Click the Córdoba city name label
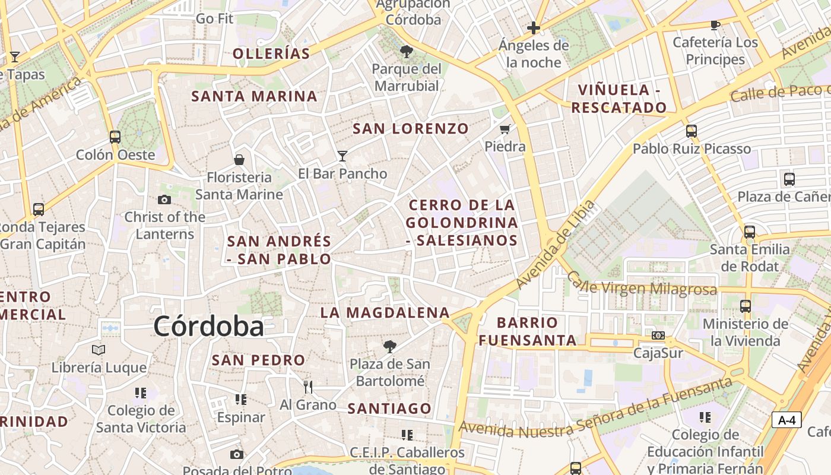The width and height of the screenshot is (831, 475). pyautogui.click(x=208, y=327)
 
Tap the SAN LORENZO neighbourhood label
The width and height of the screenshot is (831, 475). pyautogui.click(x=411, y=128)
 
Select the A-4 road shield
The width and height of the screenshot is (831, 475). pyautogui.click(x=786, y=420)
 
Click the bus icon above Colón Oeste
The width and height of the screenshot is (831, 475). pyautogui.click(x=115, y=137)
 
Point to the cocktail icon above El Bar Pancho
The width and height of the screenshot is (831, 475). pyautogui.click(x=342, y=156)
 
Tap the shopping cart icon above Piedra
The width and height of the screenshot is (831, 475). pyautogui.click(x=505, y=129)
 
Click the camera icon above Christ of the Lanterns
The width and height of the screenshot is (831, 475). pyautogui.click(x=164, y=199)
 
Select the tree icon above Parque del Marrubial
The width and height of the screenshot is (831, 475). pyautogui.click(x=407, y=52)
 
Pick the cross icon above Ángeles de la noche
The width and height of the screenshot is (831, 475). pyautogui.click(x=534, y=27)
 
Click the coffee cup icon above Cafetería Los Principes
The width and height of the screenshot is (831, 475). pyautogui.click(x=715, y=25)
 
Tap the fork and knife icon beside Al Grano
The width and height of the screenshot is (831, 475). pyautogui.click(x=307, y=387)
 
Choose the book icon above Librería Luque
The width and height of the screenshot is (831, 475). pyautogui.click(x=99, y=350)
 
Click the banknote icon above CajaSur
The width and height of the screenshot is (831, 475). pyautogui.click(x=658, y=335)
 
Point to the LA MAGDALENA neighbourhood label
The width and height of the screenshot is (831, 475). pyautogui.click(x=385, y=312)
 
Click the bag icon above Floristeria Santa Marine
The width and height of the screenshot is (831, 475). pyautogui.click(x=239, y=159)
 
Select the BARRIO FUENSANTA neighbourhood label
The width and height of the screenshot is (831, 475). pyautogui.click(x=528, y=331)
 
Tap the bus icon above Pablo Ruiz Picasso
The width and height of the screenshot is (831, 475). pyautogui.click(x=692, y=131)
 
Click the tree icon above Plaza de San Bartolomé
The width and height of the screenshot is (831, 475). pyautogui.click(x=390, y=346)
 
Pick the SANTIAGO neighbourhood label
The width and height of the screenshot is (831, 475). pyautogui.click(x=389, y=408)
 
